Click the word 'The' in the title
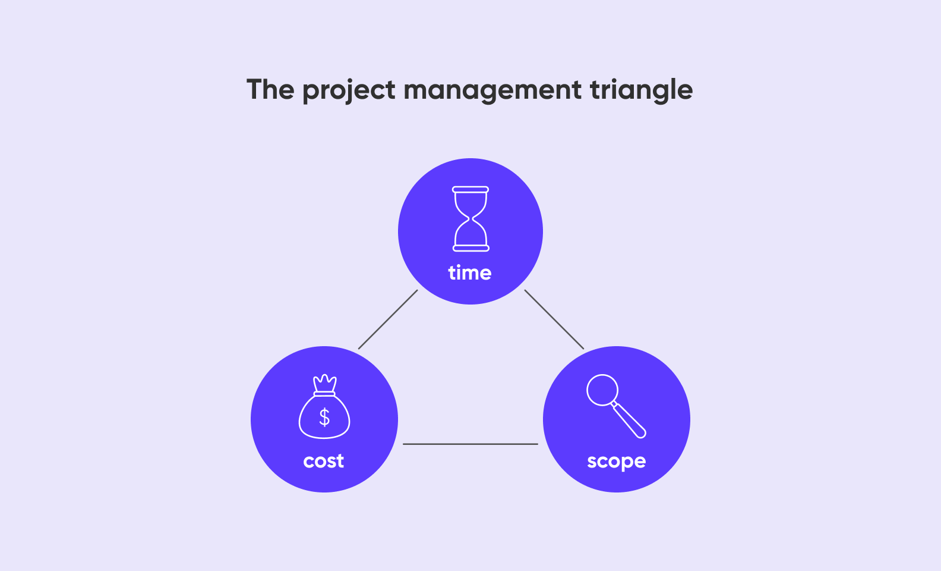pos(270,89)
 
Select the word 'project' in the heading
pos(349,91)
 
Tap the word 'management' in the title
pos(492,91)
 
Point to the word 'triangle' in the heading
pos(641,91)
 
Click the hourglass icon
pos(470,219)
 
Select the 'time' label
pos(470,272)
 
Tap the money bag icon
pos(324,406)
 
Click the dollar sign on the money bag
pos(324,418)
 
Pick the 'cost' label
pos(323,461)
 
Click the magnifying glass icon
pos(616,406)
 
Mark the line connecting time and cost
pos(388,319)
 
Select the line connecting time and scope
pos(554,319)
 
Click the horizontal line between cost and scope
pos(470,444)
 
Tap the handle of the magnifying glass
pos(629,420)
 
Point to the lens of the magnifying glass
pos(602,390)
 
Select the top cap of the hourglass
pos(470,190)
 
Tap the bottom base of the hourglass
pos(471,249)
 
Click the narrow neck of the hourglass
pos(470,219)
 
